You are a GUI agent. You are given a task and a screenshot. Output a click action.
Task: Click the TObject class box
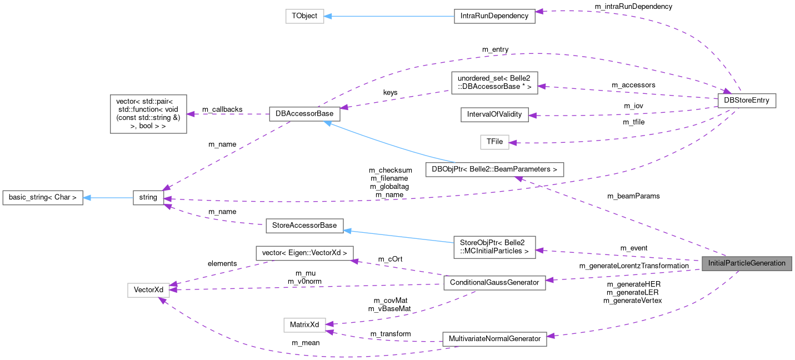click(x=304, y=16)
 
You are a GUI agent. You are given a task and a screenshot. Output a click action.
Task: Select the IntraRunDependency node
click(x=494, y=16)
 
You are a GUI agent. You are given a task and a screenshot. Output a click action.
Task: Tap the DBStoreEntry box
click(x=747, y=101)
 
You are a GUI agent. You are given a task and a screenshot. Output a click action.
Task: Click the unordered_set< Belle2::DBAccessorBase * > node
click(x=494, y=82)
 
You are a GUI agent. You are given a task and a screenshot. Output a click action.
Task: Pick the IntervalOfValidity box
click(x=494, y=114)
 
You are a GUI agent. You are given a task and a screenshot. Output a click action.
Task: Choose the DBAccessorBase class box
click(x=304, y=114)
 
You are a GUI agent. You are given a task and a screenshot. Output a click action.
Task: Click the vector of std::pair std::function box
click(x=148, y=114)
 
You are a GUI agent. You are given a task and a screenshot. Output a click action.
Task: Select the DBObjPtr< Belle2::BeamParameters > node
click(x=494, y=169)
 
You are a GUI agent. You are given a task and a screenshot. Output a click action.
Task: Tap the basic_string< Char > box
click(x=43, y=197)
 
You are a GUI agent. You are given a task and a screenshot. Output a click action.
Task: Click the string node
click(x=148, y=197)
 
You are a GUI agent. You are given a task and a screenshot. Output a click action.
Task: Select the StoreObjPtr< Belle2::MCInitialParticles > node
click(x=494, y=247)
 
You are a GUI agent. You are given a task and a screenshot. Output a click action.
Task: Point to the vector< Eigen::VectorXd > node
click(x=304, y=253)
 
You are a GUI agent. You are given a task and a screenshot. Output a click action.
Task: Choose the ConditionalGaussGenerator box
click(x=494, y=282)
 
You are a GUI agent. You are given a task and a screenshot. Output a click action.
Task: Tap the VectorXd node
click(x=148, y=290)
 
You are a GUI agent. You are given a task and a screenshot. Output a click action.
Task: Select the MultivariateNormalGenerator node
click(x=494, y=339)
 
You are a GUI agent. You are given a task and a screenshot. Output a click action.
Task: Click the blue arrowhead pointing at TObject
click(x=328, y=16)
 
